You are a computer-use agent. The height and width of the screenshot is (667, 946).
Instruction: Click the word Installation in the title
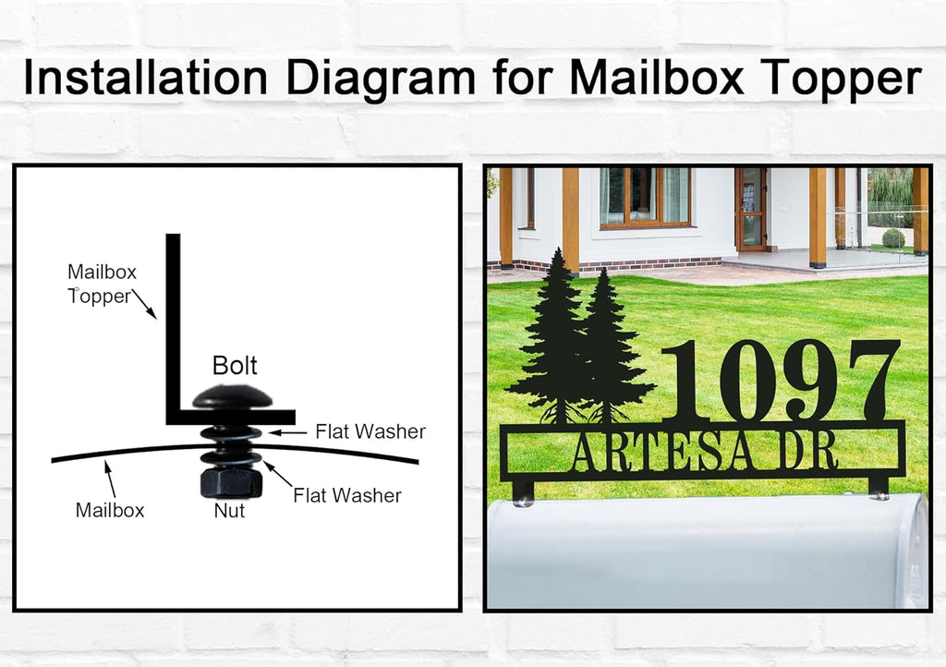point(145,78)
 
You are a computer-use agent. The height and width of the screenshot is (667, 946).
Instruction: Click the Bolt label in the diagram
point(235,366)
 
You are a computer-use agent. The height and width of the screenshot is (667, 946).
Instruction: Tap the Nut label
point(229,511)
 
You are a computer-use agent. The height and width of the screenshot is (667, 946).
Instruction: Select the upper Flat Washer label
point(370,431)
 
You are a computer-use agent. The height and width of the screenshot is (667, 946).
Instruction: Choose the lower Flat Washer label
point(347,496)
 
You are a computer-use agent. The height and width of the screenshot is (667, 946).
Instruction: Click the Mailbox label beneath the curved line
point(110,510)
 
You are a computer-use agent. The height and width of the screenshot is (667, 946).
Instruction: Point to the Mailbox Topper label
point(102,284)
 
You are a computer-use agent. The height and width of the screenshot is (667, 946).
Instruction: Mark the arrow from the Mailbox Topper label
point(144,304)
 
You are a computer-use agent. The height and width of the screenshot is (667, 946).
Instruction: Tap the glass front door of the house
point(750,209)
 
